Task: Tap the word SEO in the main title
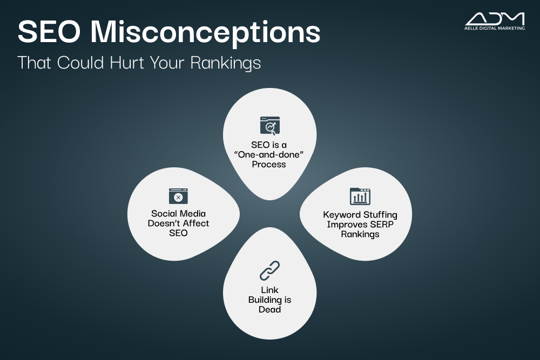pyautogui.click(x=49, y=32)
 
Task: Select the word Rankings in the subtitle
pyautogui.click(x=226, y=63)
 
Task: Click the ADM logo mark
pyautogui.click(x=495, y=19)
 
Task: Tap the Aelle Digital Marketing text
pyautogui.click(x=495, y=28)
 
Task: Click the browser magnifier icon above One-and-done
pyautogui.click(x=270, y=126)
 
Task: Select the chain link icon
pyautogui.click(x=269, y=270)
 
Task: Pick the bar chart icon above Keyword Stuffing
pyautogui.click(x=360, y=196)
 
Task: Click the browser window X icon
pyautogui.click(x=178, y=196)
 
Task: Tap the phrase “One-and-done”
pyautogui.click(x=268, y=154)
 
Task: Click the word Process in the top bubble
pyautogui.click(x=269, y=164)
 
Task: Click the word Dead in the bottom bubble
pyautogui.click(x=269, y=309)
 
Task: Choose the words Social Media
pyautogui.click(x=178, y=213)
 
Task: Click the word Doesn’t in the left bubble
pyautogui.click(x=164, y=223)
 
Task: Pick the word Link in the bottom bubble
pyautogui.click(x=269, y=290)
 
